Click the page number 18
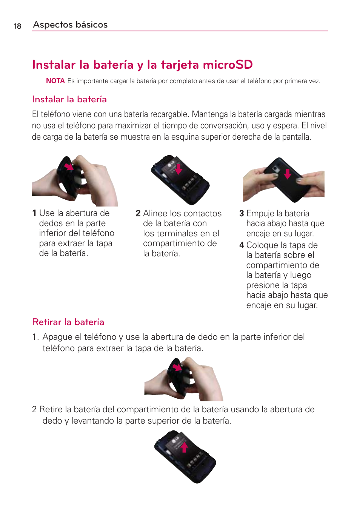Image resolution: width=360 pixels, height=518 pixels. (x=17, y=26)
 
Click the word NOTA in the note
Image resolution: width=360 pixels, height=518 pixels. (x=55, y=81)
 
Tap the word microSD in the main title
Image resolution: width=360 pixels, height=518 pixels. (x=228, y=65)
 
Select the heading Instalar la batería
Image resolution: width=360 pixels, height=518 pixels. (x=69, y=99)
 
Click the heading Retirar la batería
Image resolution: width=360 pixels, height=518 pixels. (x=68, y=322)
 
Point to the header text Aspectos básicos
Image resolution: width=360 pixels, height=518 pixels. (x=70, y=25)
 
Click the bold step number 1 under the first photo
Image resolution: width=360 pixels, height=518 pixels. (x=34, y=213)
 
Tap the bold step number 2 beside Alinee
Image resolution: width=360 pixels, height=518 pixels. (x=138, y=214)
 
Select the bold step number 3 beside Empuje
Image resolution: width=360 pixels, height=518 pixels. (x=242, y=214)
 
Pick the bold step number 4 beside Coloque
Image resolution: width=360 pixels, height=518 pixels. (x=242, y=245)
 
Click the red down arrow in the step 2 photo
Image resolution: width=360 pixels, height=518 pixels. (x=178, y=169)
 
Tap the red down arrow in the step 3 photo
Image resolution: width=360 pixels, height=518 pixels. (x=288, y=174)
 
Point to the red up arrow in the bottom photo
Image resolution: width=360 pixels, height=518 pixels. (x=184, y=447)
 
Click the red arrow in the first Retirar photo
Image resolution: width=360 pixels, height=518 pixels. (x=177, y=367)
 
